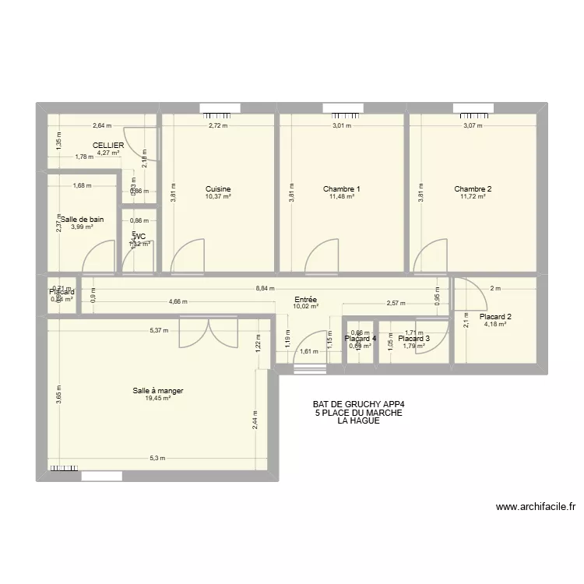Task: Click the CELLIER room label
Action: (x=108, y=146)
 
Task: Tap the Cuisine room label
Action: (x=218, y=189)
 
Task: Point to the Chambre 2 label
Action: (x=473, y=189)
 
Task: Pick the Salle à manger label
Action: (x=158, y=390)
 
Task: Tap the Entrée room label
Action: (x=305, y=299)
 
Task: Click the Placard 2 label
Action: (x=495, y=317)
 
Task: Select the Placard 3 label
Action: (x=413, y=339)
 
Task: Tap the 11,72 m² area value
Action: (x=473, y=197)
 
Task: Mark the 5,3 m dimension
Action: (x=158, y=459)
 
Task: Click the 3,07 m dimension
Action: (x=473, y=125)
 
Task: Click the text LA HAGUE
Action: (x=359, y=420)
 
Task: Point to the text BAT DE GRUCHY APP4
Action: (x=359, y=404)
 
